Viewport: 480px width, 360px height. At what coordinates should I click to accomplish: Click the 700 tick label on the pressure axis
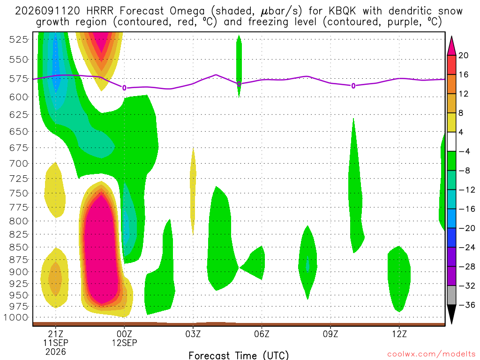[19, 164]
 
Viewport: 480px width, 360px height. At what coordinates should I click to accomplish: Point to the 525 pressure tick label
[19, 39]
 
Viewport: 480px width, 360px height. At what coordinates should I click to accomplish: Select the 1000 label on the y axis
[15, 317]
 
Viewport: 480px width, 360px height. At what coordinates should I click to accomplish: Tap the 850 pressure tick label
[19, 247]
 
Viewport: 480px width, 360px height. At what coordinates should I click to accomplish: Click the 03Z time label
[193, 334]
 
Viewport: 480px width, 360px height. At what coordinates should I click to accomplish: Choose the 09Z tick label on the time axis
[330, 334]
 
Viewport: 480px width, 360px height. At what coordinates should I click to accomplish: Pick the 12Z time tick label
[399, 334]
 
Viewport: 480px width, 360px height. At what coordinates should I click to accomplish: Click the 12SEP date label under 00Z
[124, 343]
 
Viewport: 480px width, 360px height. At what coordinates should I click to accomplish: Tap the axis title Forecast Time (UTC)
[239, 355]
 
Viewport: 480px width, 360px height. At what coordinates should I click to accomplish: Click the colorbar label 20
[463, 55]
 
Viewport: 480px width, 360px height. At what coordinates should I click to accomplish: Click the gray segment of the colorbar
[451, 295]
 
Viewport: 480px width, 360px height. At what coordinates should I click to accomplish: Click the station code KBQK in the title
[342, 11]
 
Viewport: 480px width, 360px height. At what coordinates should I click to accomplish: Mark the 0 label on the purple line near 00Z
[124, 88]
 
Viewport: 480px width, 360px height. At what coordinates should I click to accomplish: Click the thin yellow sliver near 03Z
[193, 191]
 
